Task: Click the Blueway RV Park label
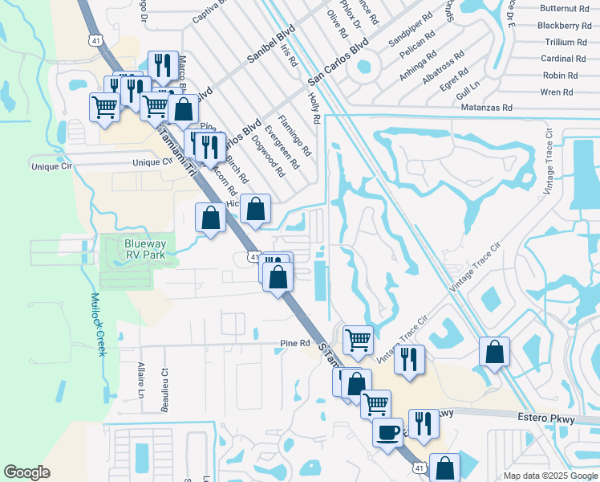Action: [144, 248]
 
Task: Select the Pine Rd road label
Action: [295, 343]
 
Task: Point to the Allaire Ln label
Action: [140, 380]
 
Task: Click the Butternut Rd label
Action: [565, 9]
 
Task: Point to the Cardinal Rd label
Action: [563, 59]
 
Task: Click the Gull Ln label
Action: [467, 85]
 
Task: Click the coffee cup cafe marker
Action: [388, 431]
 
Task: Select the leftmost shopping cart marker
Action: [105, 107]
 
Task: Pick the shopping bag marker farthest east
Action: [495, 351]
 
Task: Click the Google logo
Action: [26, 472]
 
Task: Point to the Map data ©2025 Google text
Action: [550, 476]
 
